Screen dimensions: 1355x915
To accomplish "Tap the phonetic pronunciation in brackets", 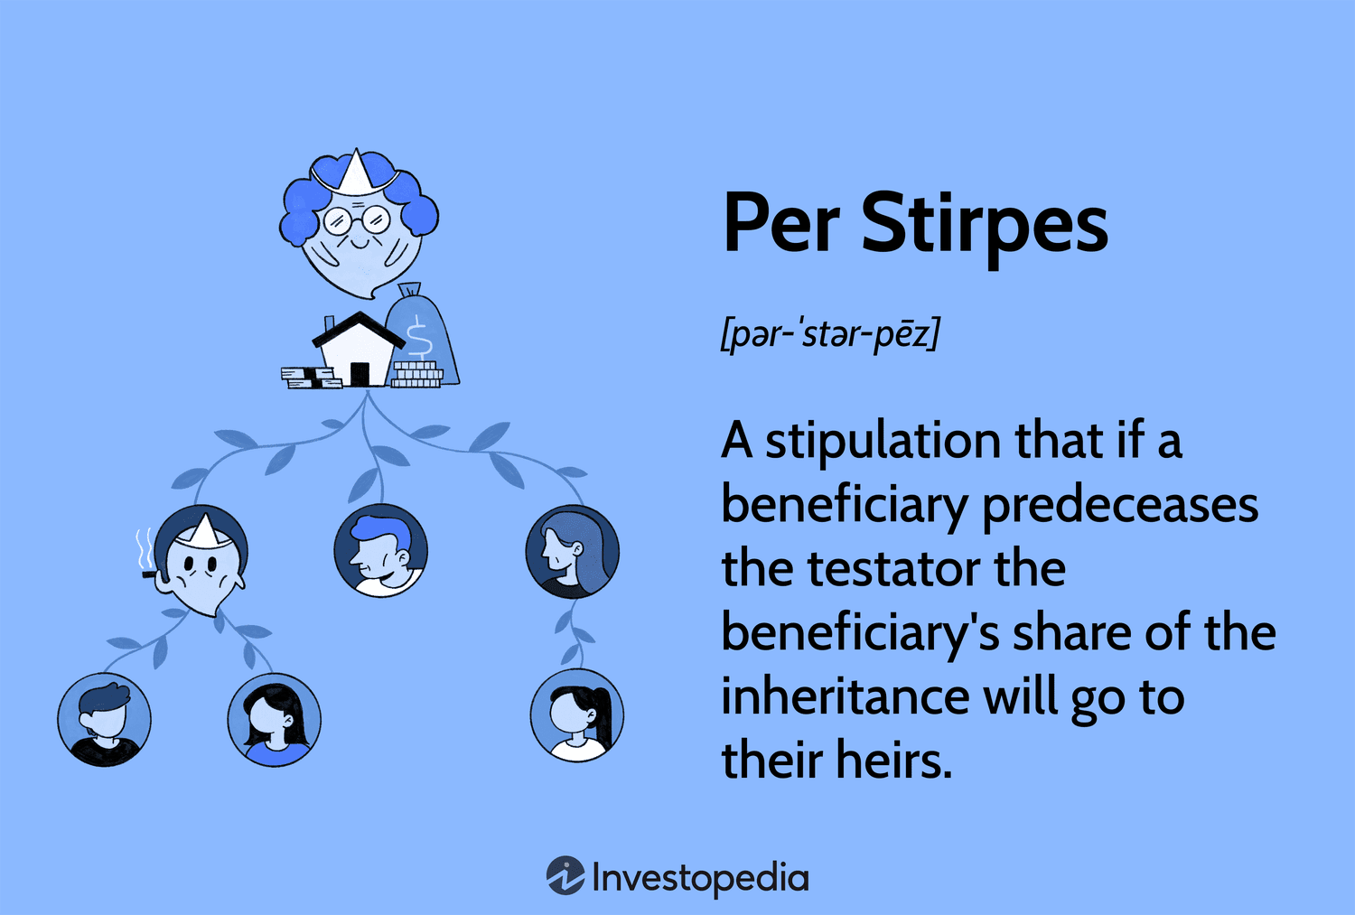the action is point(830,333).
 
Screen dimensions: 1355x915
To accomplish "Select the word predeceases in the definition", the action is point(1120,506).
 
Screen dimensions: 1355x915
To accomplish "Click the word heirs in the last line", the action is point(894,760).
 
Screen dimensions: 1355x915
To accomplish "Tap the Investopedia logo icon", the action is point(565,875).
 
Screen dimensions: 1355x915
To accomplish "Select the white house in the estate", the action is point(358,350).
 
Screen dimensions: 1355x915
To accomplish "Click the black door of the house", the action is point(360,374).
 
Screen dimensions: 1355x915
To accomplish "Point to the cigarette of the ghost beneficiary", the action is point(148,574).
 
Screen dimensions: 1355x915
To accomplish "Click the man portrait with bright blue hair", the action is point(381,550).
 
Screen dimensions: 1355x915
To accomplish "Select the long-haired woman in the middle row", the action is point(572,552).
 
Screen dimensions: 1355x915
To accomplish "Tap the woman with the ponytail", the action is point(577,714).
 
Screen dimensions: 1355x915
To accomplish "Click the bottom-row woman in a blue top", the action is point(275,720).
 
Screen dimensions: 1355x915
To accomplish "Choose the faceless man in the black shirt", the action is point(105,720).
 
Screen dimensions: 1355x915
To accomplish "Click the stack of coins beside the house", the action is point(416,374).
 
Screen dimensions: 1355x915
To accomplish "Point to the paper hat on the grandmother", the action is point(355,173).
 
